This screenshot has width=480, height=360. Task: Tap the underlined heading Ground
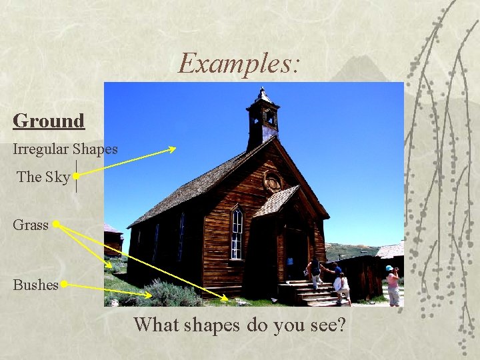click(49, 121)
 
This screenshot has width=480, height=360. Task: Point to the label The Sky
click(43, 177)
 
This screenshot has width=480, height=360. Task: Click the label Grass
click(31, 225)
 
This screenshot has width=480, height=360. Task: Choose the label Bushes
click(35, 285)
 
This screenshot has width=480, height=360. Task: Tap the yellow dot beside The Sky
click(77, 176)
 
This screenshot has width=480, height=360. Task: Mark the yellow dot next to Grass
click(57, 225)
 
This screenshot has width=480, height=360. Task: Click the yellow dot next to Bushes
click(65, 285)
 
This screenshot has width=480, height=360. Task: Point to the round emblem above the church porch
click(272, 181)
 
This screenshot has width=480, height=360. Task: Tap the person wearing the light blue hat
click(393, 285)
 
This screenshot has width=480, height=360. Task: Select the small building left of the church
click(113, 241)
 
